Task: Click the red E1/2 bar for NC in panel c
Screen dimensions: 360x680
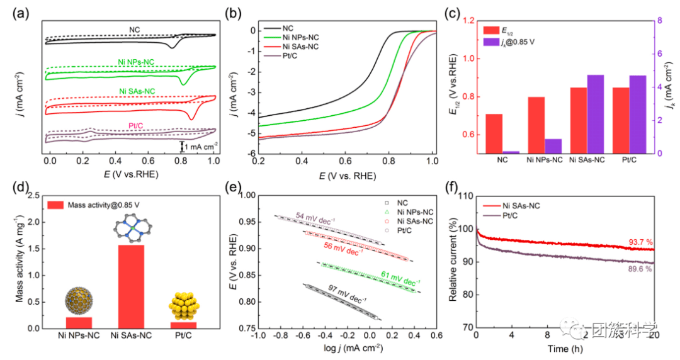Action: coord(494,133)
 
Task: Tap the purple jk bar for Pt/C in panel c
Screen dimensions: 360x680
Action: coord(637,114)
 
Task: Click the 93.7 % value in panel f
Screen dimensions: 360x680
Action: coord(640,242)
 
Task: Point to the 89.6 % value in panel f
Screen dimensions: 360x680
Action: coord(640,269)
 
